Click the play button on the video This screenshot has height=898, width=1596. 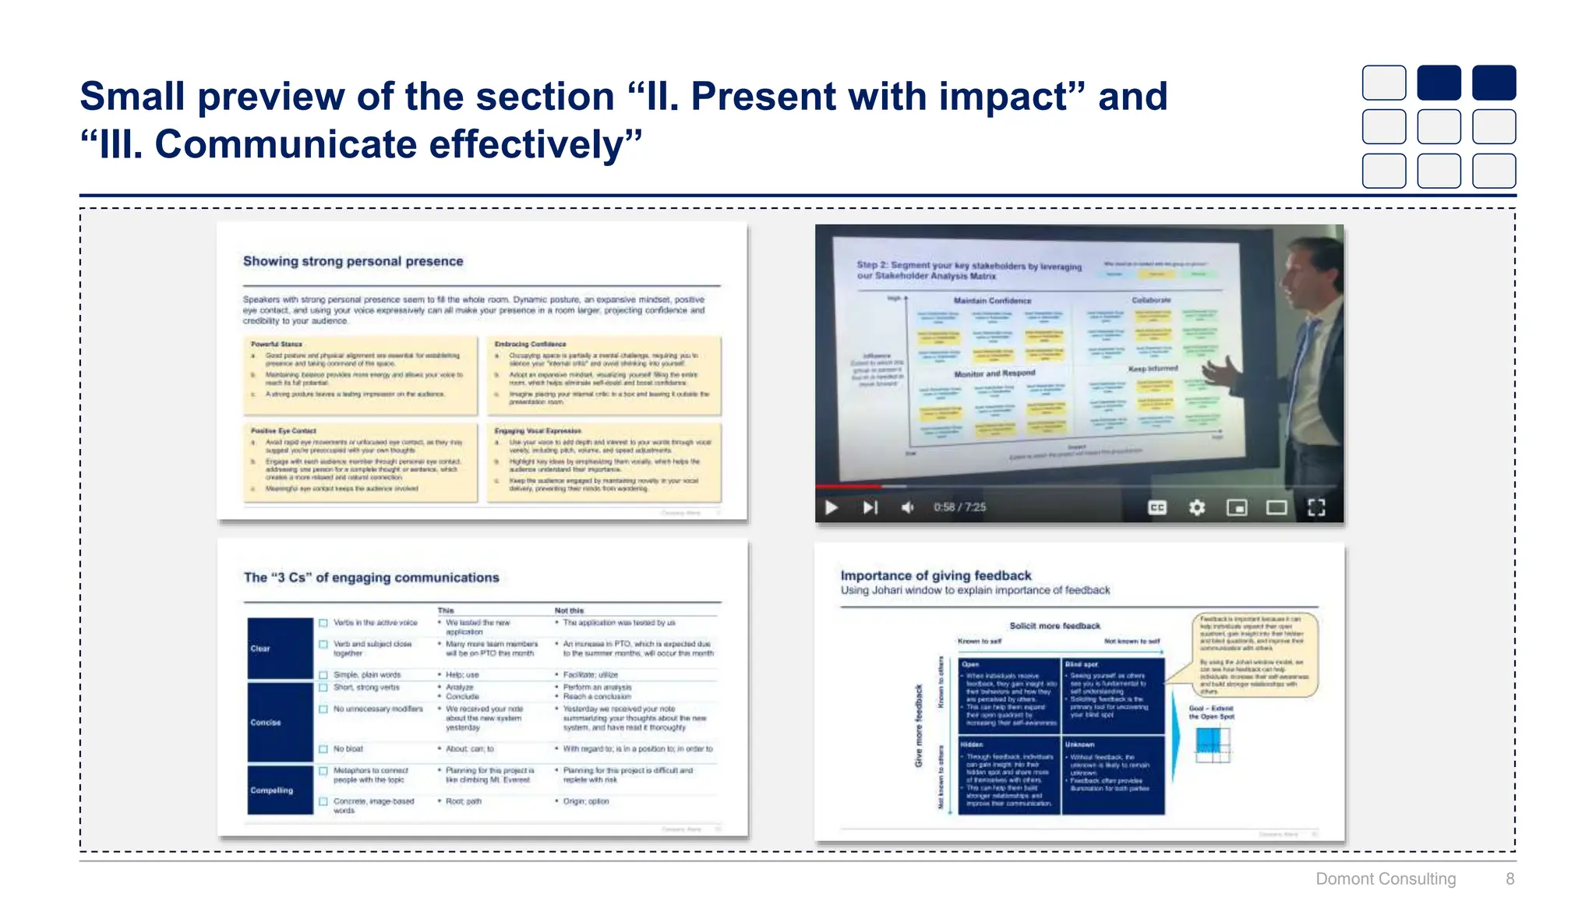coord(832,507)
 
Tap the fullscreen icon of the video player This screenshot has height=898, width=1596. coord(1316,507)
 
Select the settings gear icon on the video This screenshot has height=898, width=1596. coord(1197,507)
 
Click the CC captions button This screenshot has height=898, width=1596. coord(1157,507)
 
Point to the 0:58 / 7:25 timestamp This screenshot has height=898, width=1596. coord(959,507)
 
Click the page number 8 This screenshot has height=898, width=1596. coord(1509,879)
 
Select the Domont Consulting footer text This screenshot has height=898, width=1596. coord(1385,879)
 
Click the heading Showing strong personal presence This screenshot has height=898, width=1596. coord(352,261)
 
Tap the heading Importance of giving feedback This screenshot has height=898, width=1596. coord(935,575)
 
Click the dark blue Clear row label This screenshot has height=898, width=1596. coord(279,648)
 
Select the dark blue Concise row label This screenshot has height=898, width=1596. coord(279,723)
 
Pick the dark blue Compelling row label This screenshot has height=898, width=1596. coord(279,790)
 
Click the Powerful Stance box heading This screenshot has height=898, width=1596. coord(277,344)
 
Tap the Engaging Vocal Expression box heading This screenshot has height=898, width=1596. coord(538,430)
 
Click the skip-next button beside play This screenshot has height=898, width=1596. coord(870,507)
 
